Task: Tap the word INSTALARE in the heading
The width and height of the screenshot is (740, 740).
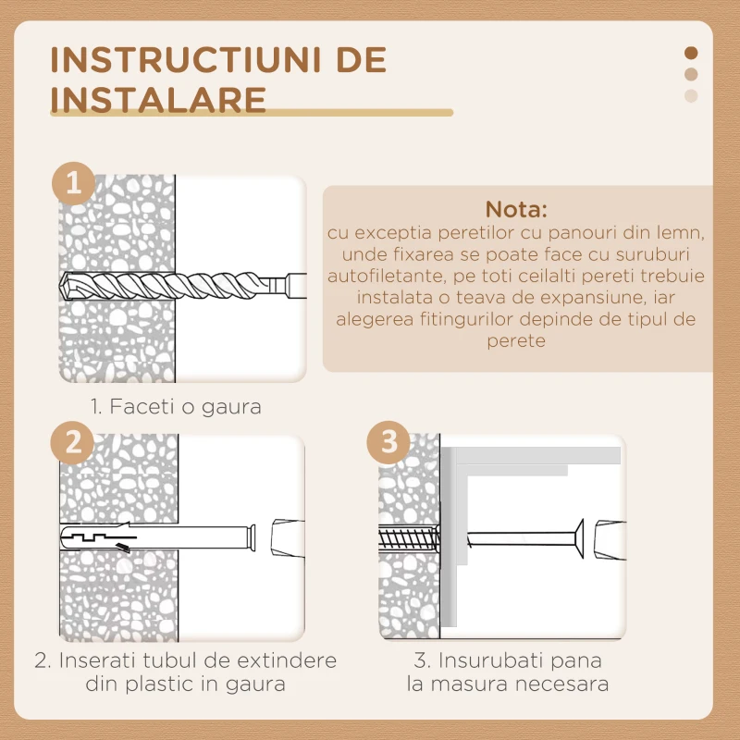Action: (157, 98)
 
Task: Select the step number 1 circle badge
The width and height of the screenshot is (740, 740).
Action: (73, 183)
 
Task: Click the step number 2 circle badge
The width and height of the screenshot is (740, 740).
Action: (73, 442)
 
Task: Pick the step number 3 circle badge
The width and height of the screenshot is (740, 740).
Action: (388, 442)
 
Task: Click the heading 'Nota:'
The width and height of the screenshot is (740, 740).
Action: (517, 208)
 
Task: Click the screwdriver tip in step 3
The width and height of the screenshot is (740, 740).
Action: (605, 538)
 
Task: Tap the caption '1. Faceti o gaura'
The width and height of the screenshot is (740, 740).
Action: (176, 406)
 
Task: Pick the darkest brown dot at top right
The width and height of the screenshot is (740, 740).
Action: (691, 54)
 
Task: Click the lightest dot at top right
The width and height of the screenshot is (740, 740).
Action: (691, 96)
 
